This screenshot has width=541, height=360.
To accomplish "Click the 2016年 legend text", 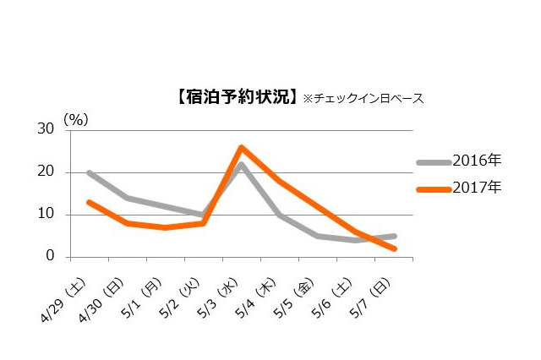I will tap(478, 160).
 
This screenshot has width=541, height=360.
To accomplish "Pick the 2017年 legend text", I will tap(478, 188).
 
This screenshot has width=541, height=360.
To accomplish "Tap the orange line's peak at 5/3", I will tap(241, 147).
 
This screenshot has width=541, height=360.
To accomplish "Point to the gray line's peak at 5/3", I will tap(241, 164).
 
